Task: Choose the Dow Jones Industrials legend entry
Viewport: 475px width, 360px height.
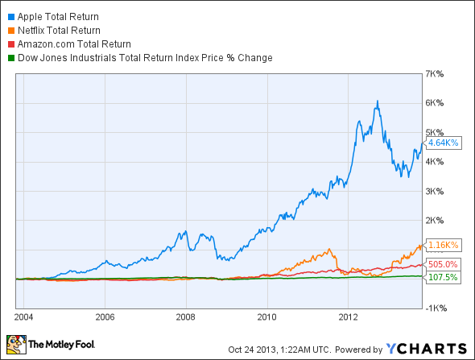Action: tap(144, 57)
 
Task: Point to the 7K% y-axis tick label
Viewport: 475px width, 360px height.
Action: tap(436, 73)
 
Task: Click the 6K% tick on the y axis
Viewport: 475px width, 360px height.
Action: tap(436, 103)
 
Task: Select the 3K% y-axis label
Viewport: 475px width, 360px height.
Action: tap(436, 191)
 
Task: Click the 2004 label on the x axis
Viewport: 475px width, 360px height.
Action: tap(25, 315)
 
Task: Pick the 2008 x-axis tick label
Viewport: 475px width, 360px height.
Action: tap(186, 315)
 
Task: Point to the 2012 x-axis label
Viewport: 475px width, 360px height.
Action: tap(348, 315)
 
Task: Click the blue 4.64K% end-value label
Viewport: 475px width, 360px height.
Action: tap(444, 143)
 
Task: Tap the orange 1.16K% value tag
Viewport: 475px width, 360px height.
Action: tap(444, 244)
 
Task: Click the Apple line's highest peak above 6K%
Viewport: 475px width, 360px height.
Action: tap(377, 101)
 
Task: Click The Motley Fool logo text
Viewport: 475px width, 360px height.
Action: tap(62, 347)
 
